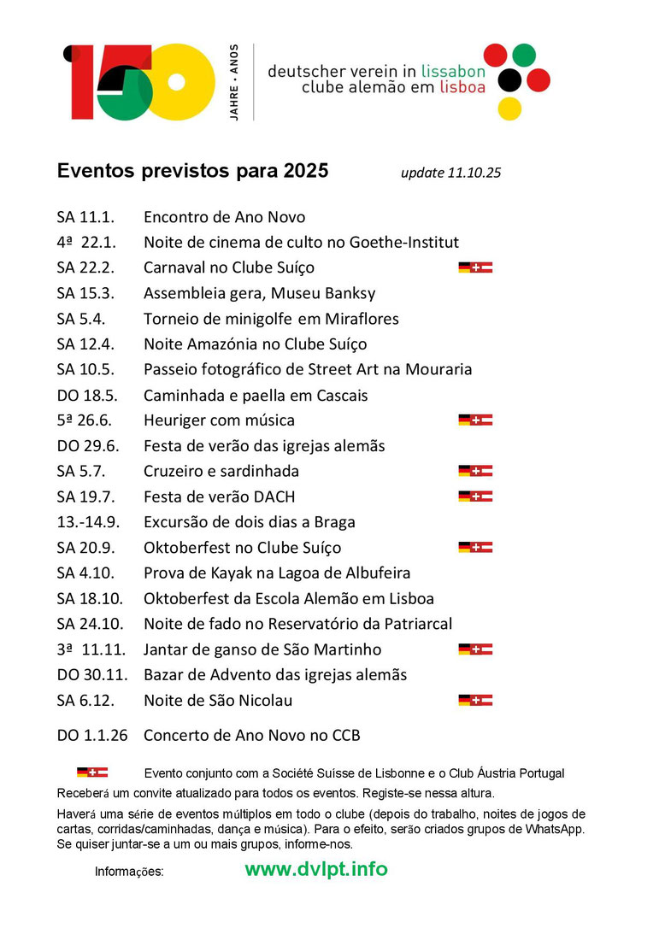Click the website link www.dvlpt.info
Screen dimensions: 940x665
point(315,869)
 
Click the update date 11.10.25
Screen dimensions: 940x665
point(450,173)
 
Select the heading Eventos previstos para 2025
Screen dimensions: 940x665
point(192,171)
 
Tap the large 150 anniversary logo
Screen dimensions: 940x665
point(139,82)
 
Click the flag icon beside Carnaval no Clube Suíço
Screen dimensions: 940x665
point(475,267)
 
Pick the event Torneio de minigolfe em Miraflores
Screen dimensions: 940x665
point(271,319)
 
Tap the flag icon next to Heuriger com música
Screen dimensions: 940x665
point(475,420)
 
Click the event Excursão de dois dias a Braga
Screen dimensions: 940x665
point(249,522)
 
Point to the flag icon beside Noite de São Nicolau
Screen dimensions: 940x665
point(475,701)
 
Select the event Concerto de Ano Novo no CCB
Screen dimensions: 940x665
point(251,735)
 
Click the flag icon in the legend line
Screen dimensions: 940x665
point(92,773)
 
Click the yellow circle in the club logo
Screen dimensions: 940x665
point(509,109)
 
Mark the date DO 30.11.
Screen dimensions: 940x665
point(92,675)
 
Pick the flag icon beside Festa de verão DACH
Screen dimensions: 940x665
point(475,496)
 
